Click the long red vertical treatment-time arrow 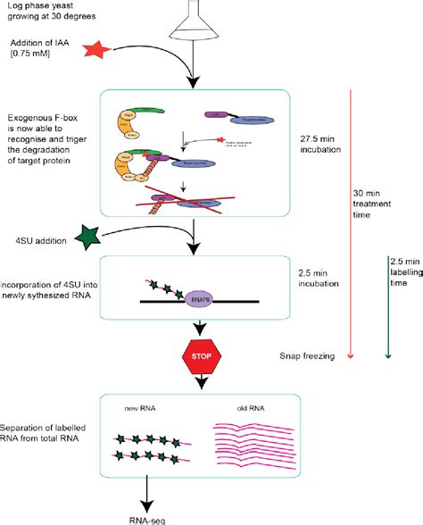(x=351, y=223)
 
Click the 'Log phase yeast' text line (x=37, y=7)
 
